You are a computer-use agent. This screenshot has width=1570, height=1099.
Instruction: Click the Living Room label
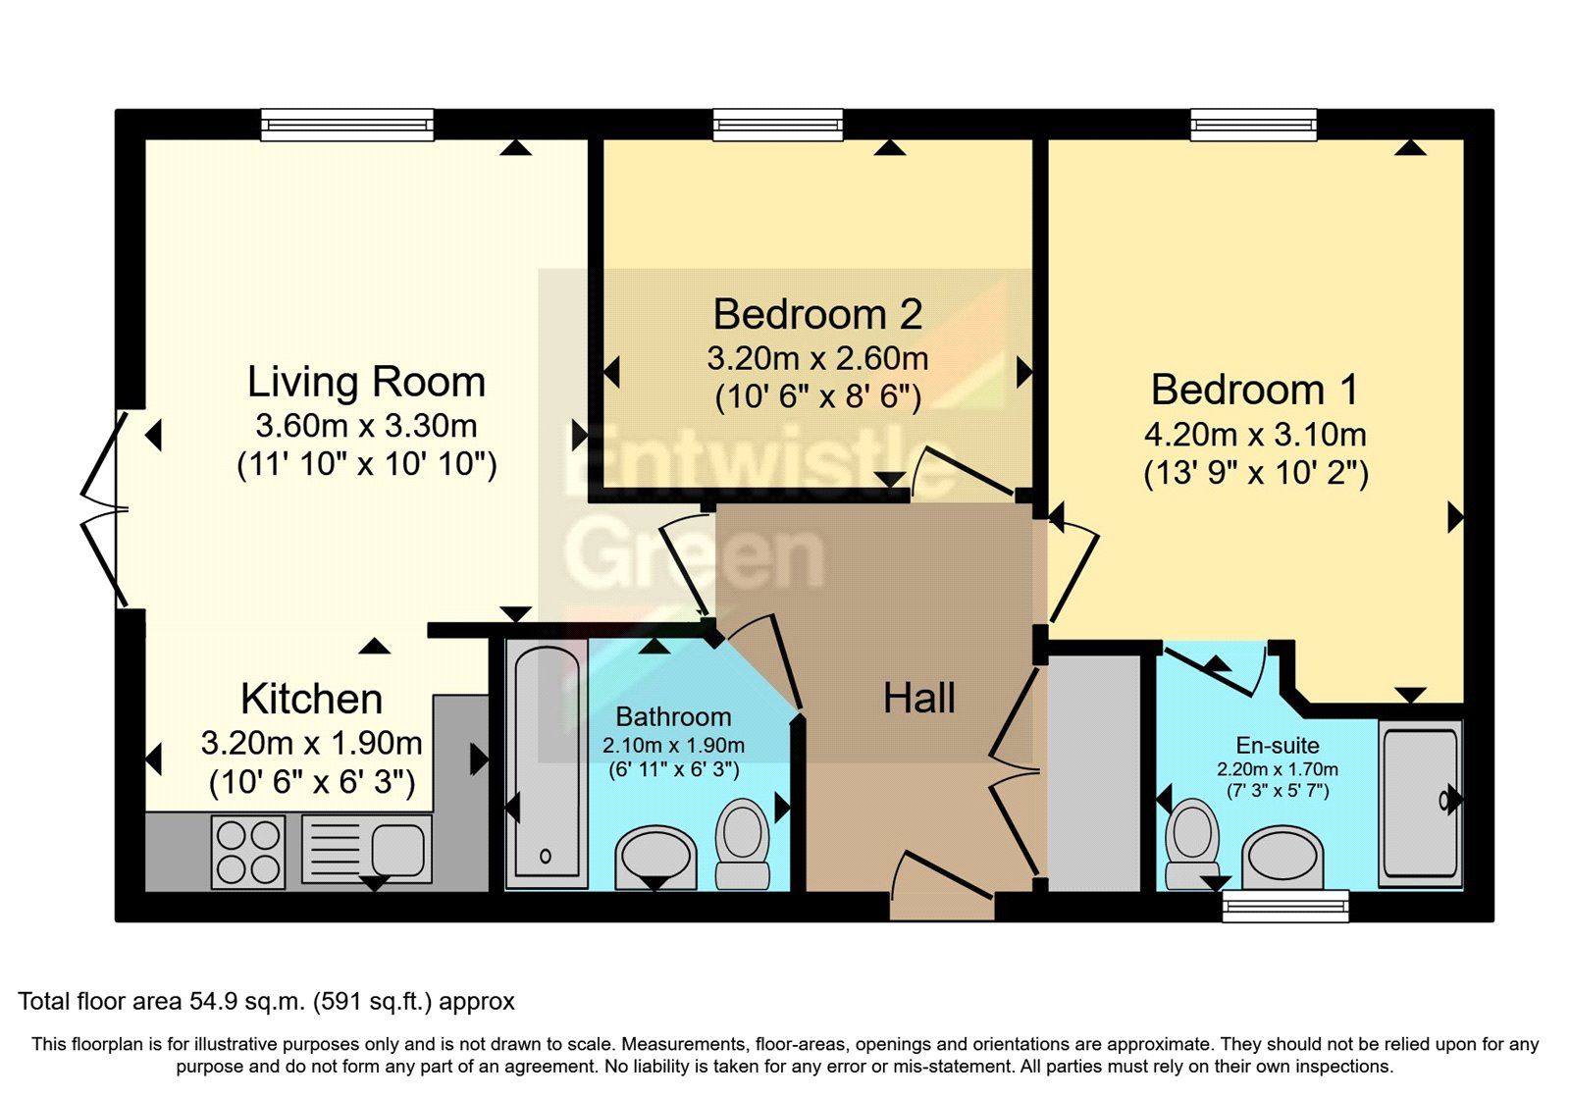[366, 382]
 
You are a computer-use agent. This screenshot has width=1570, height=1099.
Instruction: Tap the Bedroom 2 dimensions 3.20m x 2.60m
[816, 358]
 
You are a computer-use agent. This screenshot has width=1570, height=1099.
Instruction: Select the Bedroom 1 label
[1255, 390]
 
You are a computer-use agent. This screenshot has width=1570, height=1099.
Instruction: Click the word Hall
[918, 699]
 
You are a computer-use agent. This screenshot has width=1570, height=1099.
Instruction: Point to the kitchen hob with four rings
[248, 852]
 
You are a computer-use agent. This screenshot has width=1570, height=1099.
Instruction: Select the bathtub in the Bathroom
[546, 765]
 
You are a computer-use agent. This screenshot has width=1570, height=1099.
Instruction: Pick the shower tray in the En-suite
[1419, 802]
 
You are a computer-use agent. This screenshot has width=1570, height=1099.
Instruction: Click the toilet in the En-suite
[1192, 842]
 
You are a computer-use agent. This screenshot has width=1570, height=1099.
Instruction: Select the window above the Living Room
[346, 124]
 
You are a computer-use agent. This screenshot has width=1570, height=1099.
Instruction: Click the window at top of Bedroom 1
[1253, 124]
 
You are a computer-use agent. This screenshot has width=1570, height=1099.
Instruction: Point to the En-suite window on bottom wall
[1284, 906]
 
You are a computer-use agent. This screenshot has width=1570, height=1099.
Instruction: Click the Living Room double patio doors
[104, 509]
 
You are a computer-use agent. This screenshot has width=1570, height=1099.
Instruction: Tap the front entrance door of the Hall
[941, 889]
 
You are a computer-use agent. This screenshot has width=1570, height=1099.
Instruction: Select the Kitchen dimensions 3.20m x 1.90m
[311, 743]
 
